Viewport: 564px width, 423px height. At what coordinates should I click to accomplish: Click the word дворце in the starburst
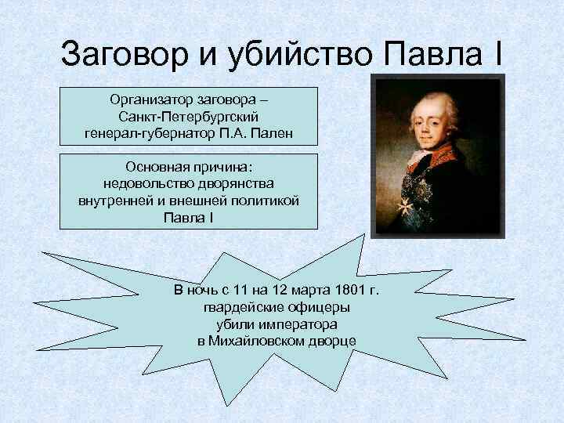coord(334,341)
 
